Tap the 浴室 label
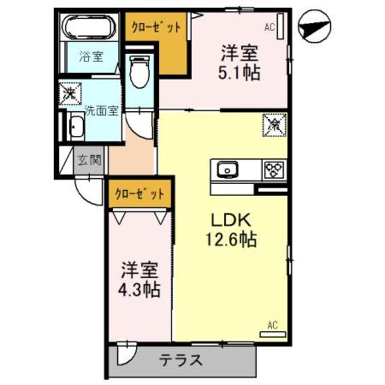click(91, 57)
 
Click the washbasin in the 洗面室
click(77, 128)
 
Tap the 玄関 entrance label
click(90, 160)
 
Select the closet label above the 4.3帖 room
click(140, 194)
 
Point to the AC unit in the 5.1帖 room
click(280, 27)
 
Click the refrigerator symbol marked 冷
click(274, 125)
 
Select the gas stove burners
click(274, 169)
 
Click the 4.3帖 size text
click(139, 290)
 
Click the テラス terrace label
click(180, 362)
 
